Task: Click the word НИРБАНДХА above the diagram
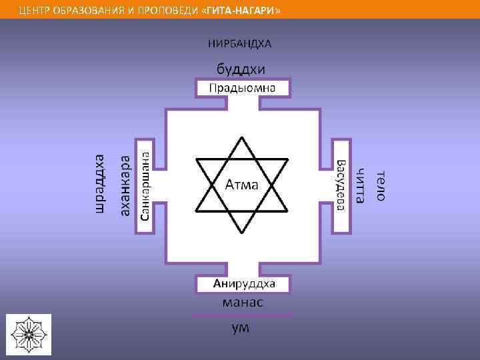pyautogui.click(x=240, y=44)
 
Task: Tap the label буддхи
pyautogui.click(x=240, y=69)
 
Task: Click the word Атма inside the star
pyautogui.click(x=241, y=184)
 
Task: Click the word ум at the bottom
pyautogui.click(x=241, y=328)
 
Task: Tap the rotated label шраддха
pyautogui.click(x=99, y=183)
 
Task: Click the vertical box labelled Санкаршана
pyautogui.click(x=143, y=185)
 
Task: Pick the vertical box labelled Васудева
pyautogui.click(x=340, y=185)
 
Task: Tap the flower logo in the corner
pyautogui.click(x=29, y=333)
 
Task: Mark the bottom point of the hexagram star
pyautogui.click(x=241, y=233)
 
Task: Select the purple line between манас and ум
pyautogui.click(x=241, y=315)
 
